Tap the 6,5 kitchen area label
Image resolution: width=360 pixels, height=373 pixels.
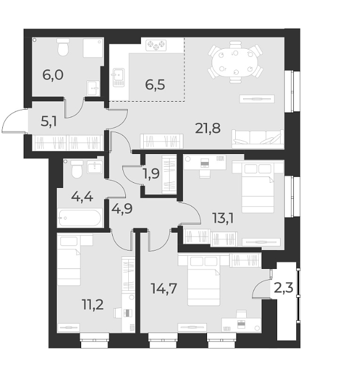pos(155,84)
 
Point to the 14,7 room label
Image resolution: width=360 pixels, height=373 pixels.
pos(164,287)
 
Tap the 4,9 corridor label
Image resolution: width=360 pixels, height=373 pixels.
pos(122,207)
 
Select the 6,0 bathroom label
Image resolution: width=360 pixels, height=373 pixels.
pos(52,75)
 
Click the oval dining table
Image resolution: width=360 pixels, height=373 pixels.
pos(235,59)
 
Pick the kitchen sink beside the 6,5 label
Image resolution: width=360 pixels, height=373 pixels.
pos(118,75)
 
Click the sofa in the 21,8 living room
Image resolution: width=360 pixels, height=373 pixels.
pos(258,139)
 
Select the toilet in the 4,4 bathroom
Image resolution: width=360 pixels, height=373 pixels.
pos(75,170)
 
